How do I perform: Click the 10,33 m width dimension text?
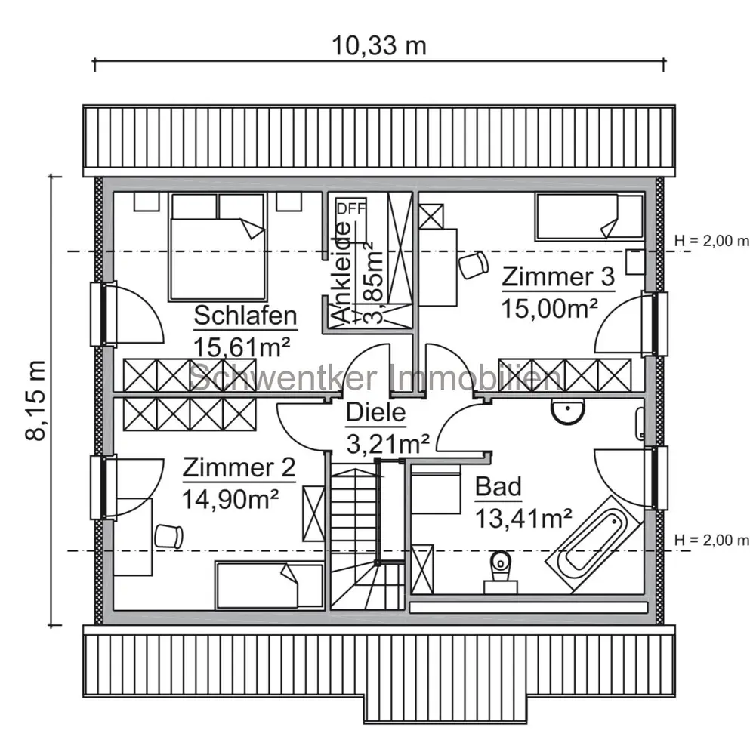click(378, 46)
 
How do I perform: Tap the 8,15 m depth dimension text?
click(36, 400)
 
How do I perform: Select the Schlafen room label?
click(245, 316)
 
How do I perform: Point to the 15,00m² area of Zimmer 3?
click(550, 309)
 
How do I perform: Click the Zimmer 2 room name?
click(239, 467)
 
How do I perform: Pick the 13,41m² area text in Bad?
click(523, 519)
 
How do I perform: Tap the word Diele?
click(375, 413)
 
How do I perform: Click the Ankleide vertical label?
click(342, 273)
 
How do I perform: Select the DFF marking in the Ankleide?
click(351, 209)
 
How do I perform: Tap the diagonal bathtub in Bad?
click(594, 544)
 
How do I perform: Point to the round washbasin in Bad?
click(567, 411)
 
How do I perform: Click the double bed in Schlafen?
click(218, 247)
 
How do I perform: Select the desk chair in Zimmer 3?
click(474, 264)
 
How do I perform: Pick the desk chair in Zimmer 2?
click(169, 536)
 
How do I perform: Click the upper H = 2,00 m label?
click(711, 241)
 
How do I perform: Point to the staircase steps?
click(367, 534)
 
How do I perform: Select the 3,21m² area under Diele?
click(387, 445)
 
